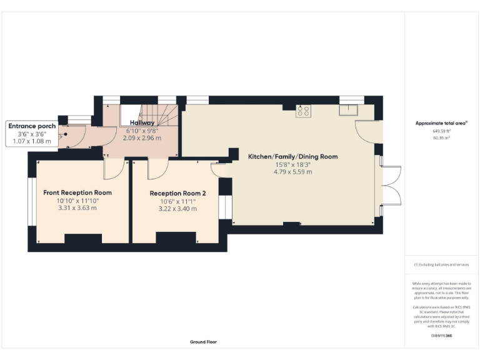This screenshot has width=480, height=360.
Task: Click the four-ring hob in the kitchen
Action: tap(304, 111)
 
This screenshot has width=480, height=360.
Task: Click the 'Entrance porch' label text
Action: tap(32, 126)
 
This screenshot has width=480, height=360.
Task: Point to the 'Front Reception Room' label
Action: tap(77, 192)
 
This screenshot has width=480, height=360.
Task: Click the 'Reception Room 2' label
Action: tap(177, 193)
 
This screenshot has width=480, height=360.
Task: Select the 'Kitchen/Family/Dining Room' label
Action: tap(292, 156)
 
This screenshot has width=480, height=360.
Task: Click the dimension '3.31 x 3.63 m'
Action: tap(77, 208)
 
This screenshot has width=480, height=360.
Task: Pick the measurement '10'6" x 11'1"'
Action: tap(177, 201)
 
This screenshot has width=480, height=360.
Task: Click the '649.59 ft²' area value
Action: tap(441, 131)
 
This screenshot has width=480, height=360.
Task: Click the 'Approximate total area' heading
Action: tap(441, 123)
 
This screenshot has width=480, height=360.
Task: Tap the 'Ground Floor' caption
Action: tap(204, 342)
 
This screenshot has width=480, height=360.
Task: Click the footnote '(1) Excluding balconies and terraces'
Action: tap(441, 264)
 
